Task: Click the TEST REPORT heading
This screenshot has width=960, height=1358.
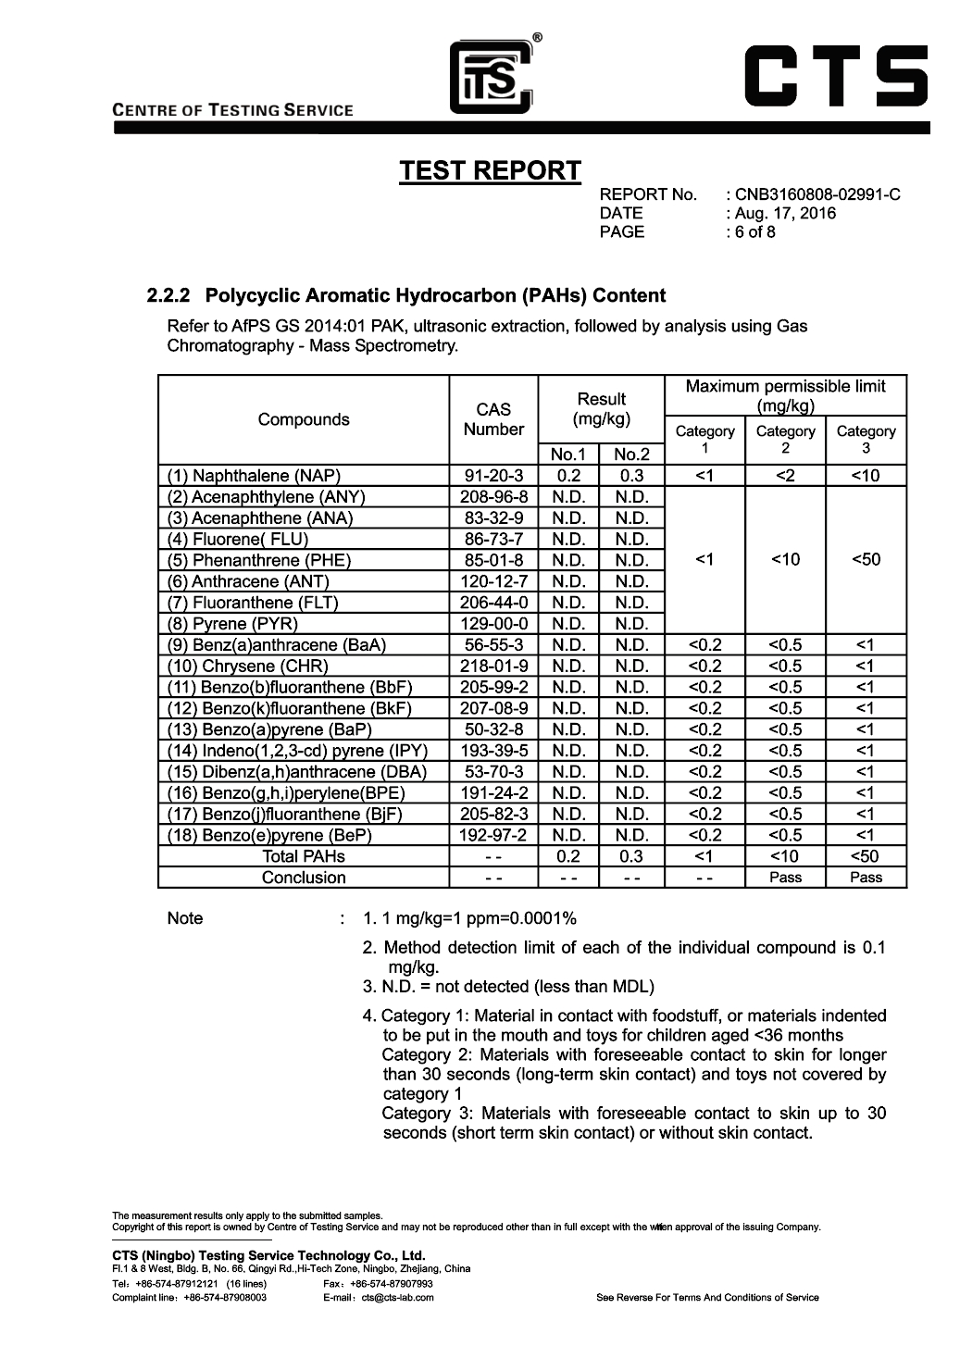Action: click(x=490, y=171)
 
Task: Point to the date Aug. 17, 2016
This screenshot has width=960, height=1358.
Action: click(x=786, y=213)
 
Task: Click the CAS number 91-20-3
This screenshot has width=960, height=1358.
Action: click(x=493, y=477)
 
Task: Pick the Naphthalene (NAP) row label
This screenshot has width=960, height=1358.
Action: click(x=253, y=477)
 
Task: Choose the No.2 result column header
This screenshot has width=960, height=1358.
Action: click(x=631, y=455)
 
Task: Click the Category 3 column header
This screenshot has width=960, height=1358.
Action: click(x=866, y=439)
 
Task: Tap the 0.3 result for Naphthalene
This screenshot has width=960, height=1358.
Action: click(x=631, y=477)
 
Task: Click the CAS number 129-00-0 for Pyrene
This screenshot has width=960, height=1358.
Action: click(x=493, y=624)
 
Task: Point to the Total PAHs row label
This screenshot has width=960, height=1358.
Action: click(x=304, y=856)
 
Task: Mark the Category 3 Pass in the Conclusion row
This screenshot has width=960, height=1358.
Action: click(x=866, y=878)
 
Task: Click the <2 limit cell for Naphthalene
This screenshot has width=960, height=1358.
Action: click(x=785, y=477)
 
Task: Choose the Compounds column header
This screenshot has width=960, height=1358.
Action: click(x=304, y=419)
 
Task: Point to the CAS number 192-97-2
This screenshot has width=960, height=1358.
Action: click(x=493, y=835)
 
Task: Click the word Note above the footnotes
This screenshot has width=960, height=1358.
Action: click(x=185, y=918)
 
